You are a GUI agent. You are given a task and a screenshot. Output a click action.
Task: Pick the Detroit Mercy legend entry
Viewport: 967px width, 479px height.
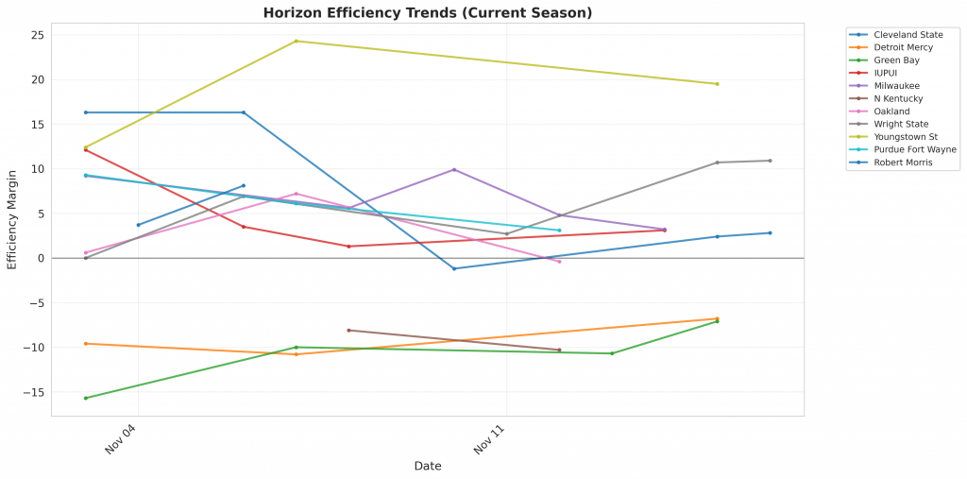pyautogui.click(x=903, y=47)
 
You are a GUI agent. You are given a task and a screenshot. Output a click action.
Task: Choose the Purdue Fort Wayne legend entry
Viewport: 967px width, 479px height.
pyautogui.click(x=915, y=149)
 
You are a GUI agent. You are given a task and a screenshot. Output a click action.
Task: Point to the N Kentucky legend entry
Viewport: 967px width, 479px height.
pyautogui.click(x=898, y=98)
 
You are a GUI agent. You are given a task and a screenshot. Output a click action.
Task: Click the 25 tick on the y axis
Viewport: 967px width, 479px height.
pyautogui.click(x=39, y=35)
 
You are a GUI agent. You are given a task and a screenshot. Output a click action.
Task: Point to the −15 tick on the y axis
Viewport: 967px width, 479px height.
pyautogui.click(x=36, y=392)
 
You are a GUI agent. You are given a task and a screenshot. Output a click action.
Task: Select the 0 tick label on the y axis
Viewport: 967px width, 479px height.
pyautogui.click(x=42, y=258)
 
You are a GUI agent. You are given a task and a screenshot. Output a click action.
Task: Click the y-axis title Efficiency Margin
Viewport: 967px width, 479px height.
pyautogui.click(x=12, y=218)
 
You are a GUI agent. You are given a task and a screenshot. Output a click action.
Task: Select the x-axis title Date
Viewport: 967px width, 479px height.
pyautogui.click(x=427, y=466)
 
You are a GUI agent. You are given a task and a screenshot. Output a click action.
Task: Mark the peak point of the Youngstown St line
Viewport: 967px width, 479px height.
pyautogui.click(x=297, y=41)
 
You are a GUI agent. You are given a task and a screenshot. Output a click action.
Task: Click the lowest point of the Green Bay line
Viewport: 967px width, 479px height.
pyautogui.click(x=86, y=398)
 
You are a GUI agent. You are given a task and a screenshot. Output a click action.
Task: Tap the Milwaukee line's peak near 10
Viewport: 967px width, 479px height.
pyautogui.click(x=454, y=169)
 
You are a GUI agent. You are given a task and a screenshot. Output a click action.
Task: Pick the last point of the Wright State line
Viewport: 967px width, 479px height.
pyautogui.click(x=770, y=161)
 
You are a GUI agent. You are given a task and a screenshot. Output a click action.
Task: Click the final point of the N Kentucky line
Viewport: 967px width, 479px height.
pyautogui.click(x=559, y=350)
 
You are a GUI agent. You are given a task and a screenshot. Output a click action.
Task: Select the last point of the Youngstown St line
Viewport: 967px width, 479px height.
pyautogui.click(x=717, y=84)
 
